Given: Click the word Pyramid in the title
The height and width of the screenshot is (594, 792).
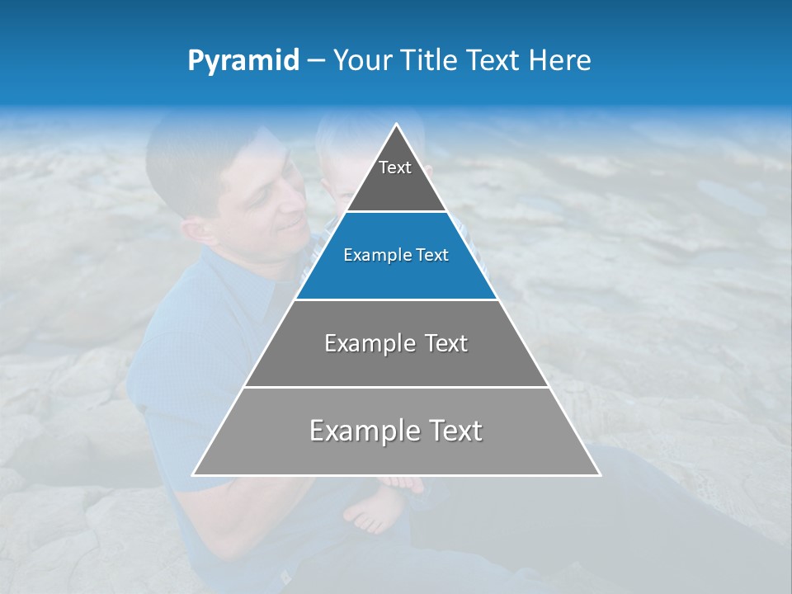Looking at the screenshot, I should click(243, 61).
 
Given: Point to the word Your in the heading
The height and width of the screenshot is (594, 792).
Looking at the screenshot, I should click(363, 60).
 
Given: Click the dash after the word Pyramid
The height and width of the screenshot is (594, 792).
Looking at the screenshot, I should click(315, 61).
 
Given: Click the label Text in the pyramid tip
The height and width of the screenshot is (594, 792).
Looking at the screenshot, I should click(395, 167).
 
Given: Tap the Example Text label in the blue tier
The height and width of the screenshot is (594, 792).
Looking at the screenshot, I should click(396, 255).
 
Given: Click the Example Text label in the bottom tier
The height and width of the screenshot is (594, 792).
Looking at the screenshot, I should click(396, 431).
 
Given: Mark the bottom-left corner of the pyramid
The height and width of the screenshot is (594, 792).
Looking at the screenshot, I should click(194, 474).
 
